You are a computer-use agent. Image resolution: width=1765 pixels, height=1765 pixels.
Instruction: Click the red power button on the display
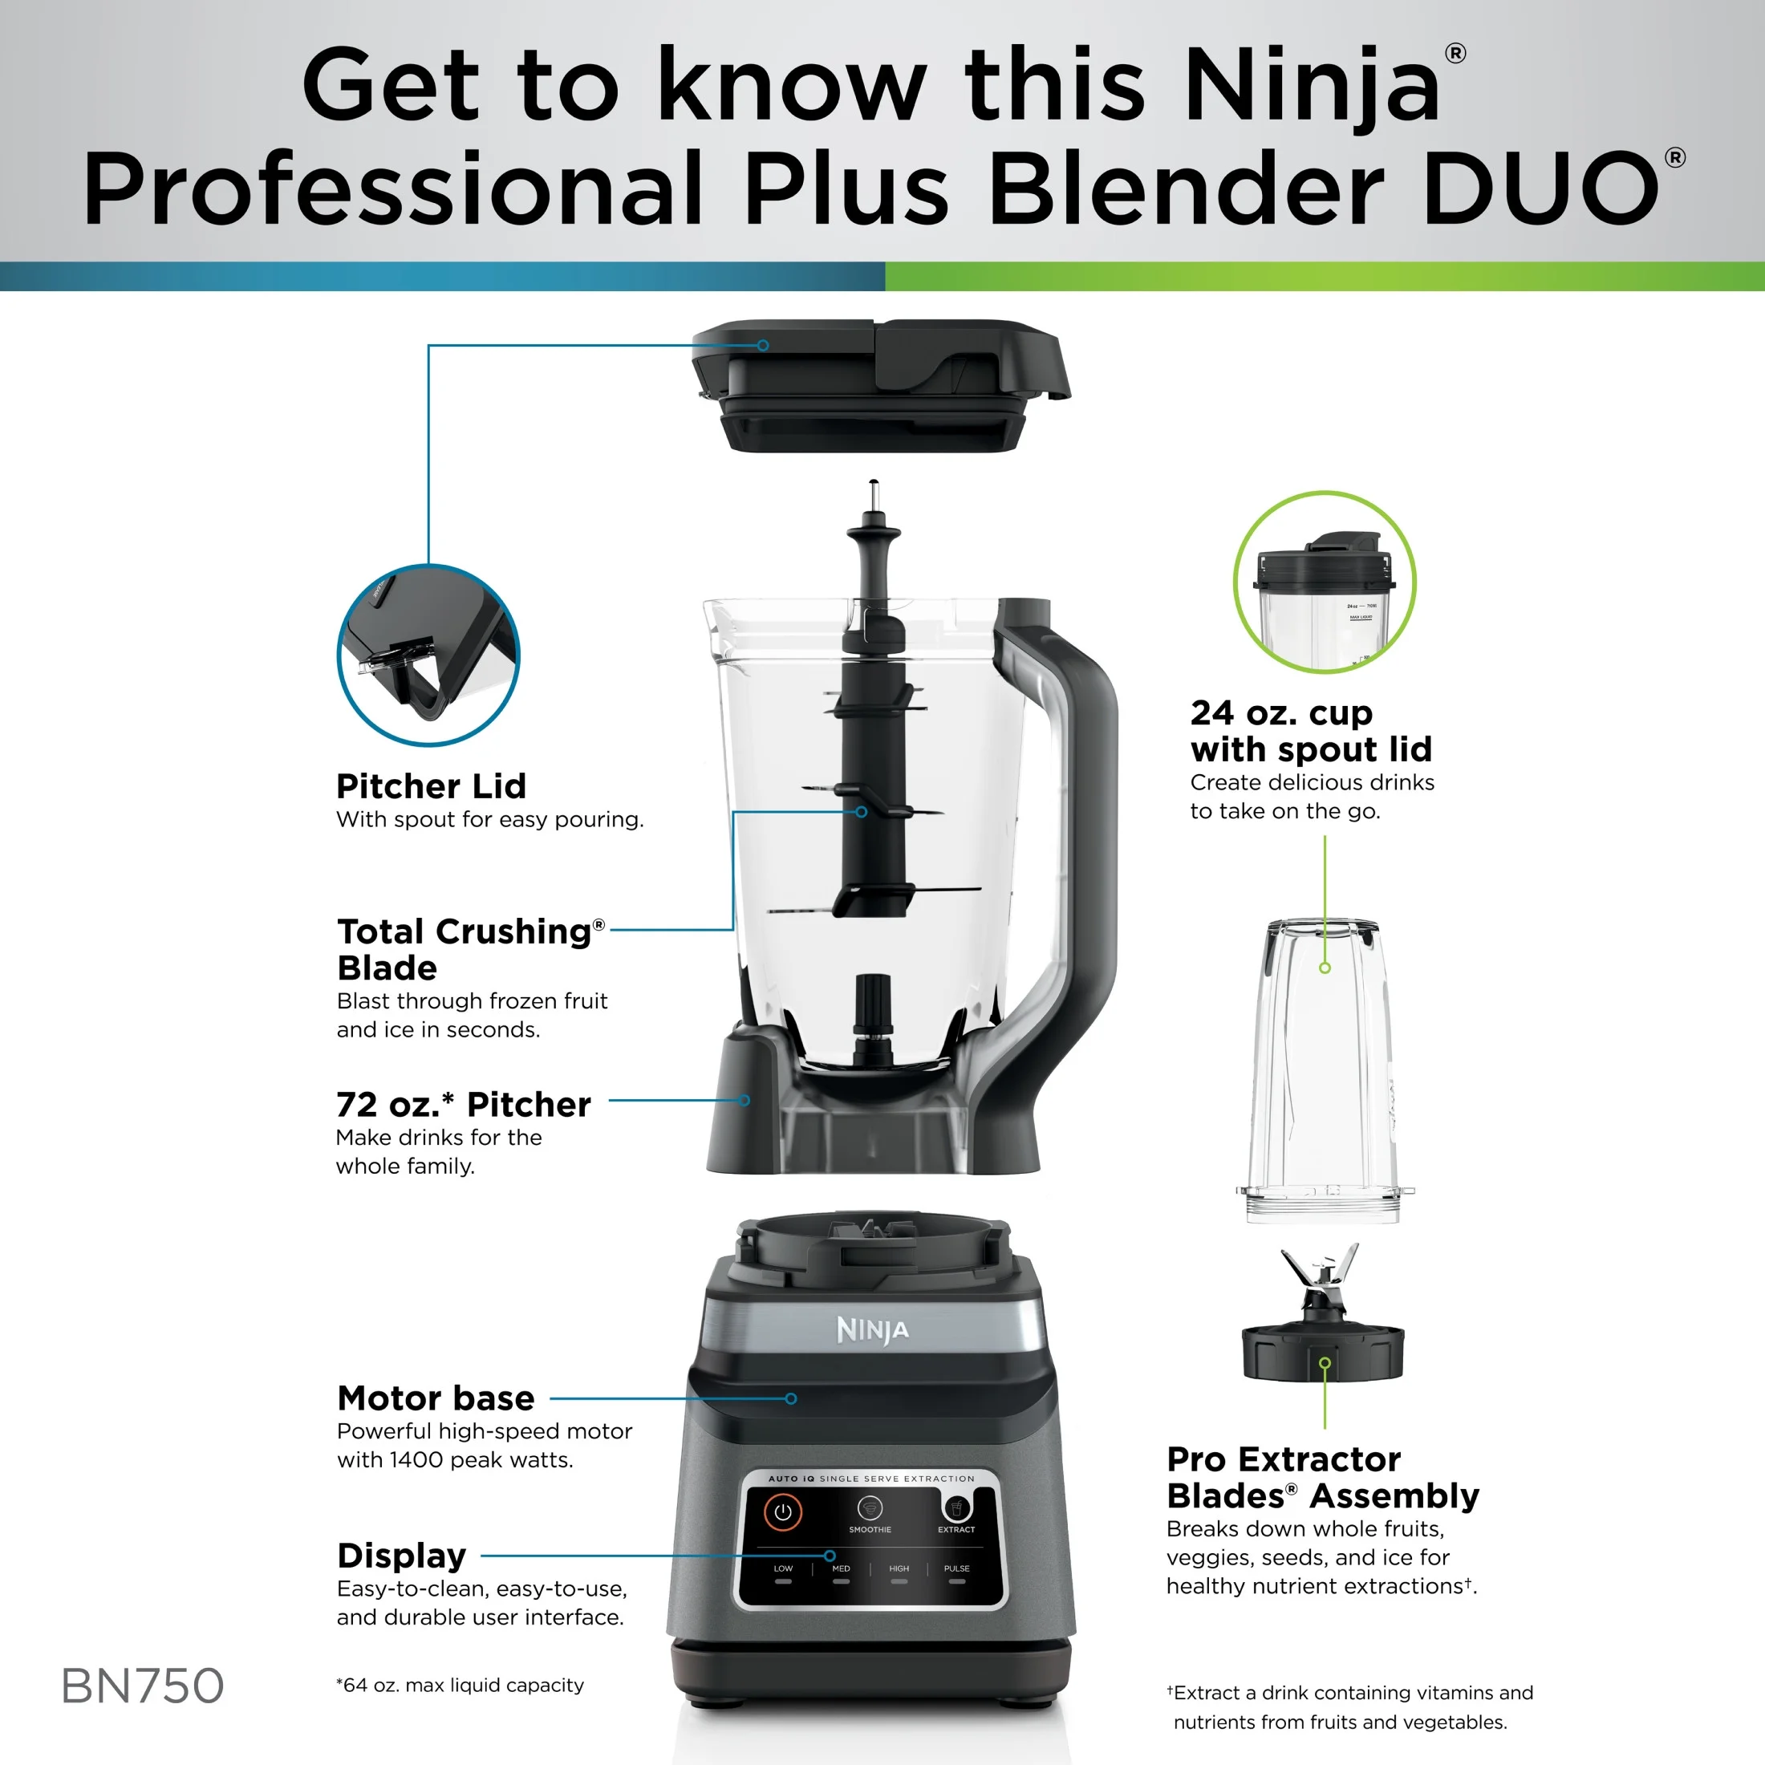(x=783, y=1512)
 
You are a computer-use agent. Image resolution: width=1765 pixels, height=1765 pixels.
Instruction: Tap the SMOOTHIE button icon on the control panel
(x=870, y=1507)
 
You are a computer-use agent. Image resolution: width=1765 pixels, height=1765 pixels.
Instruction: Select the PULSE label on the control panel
(x=956, y=1568)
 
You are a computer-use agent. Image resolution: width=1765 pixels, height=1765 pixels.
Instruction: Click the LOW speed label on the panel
(x=783, y=1568)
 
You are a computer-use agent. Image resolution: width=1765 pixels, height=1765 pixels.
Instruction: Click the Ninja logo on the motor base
(x=872, y=1330)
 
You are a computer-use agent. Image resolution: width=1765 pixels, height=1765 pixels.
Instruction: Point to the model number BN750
(x=143, y=1686)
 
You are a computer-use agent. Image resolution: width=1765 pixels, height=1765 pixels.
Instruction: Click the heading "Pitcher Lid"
(x=431, y=785)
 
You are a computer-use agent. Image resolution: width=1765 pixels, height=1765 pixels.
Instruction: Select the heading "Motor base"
(x=436, y=1398)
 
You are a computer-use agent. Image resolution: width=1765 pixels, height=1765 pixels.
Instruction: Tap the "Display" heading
(x=402, y=1555)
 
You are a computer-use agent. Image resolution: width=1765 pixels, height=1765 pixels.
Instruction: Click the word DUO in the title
(x=1540, y=187)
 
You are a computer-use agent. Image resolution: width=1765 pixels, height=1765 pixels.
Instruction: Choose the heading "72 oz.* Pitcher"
(x=463, y=1105)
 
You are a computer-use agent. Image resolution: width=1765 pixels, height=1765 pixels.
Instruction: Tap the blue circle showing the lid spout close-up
(x=428, y=655)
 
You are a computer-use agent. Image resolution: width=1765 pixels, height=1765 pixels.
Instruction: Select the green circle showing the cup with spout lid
(x=1325, y=582)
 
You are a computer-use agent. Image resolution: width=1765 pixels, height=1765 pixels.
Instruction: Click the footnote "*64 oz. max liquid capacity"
(x=460, y=1685)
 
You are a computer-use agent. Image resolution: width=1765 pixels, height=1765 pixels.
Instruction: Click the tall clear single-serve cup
(x=1325, y=1071)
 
